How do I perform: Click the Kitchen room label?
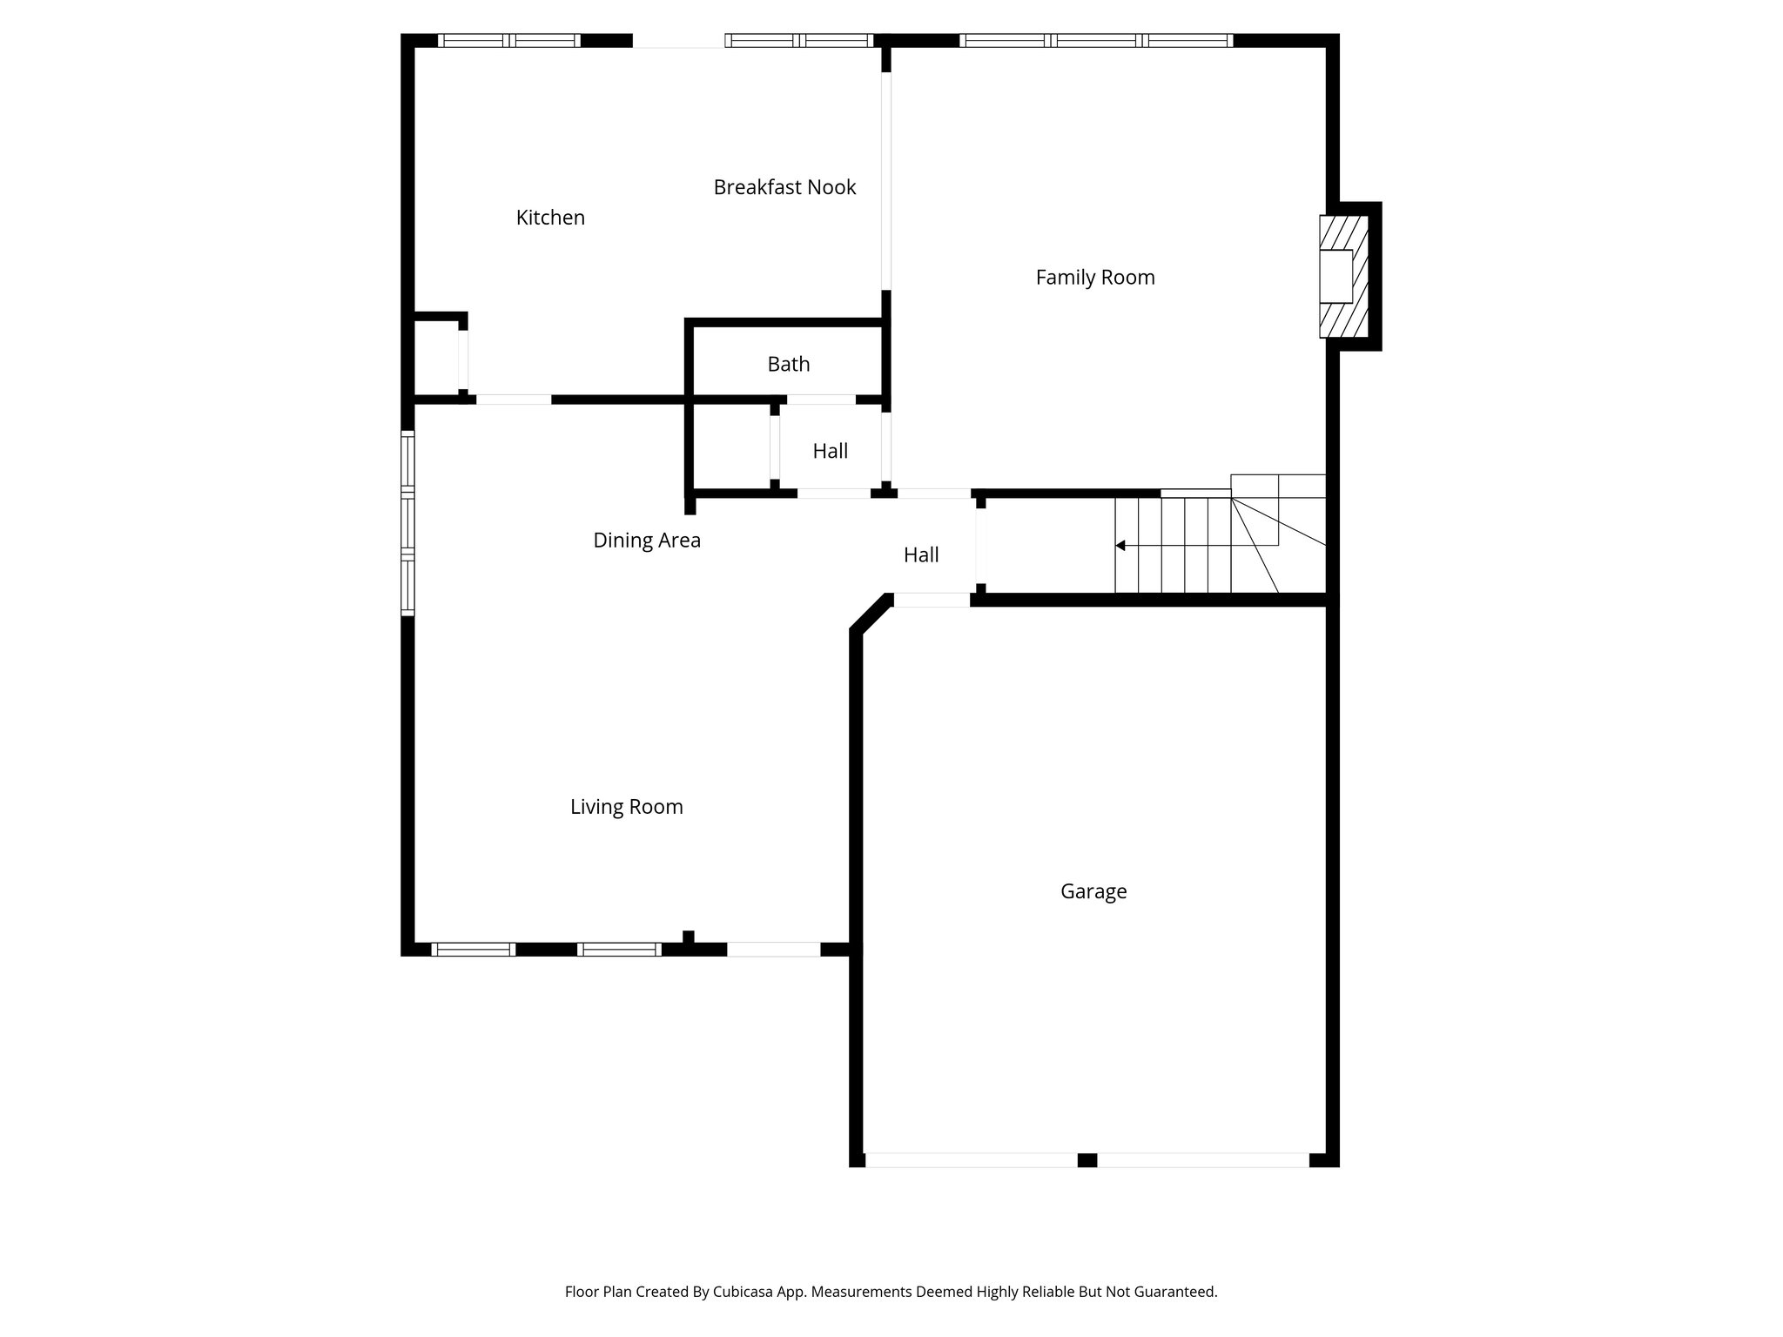[x=550, y=218]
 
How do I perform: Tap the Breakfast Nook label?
[x=784, y=187]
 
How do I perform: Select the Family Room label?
[x=1094, y=278]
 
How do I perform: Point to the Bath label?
[x=788, y=364]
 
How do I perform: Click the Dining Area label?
[x=646, y=541]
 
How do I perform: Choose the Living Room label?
[x=626, y=807]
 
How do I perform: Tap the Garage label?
[x=1093, y=891]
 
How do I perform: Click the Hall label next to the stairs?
[x=920, y=555]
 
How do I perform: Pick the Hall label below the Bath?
[x=830, y=451]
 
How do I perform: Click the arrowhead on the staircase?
[x=1120, y=546]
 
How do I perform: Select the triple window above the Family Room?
[x=1095, y=40]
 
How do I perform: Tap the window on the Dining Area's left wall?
[x=407, y=522]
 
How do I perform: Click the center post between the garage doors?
[x=1087, y=1160]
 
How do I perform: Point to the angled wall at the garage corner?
[x=870, y=613]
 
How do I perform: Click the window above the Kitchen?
[x=509, y=40]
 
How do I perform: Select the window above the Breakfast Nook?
[x=798, y=40]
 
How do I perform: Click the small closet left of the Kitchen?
[x=435, y=357]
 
